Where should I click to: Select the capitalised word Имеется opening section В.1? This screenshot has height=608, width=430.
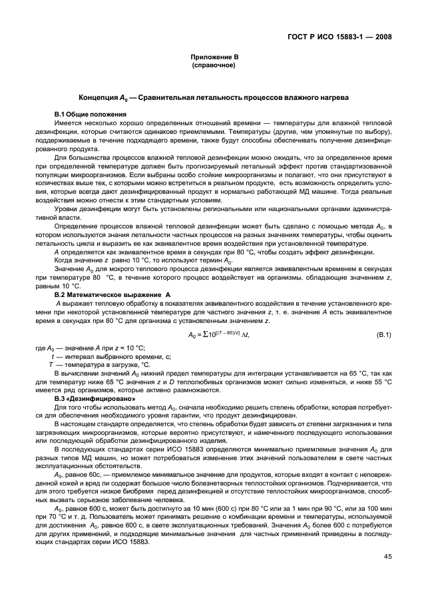[68, 123]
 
